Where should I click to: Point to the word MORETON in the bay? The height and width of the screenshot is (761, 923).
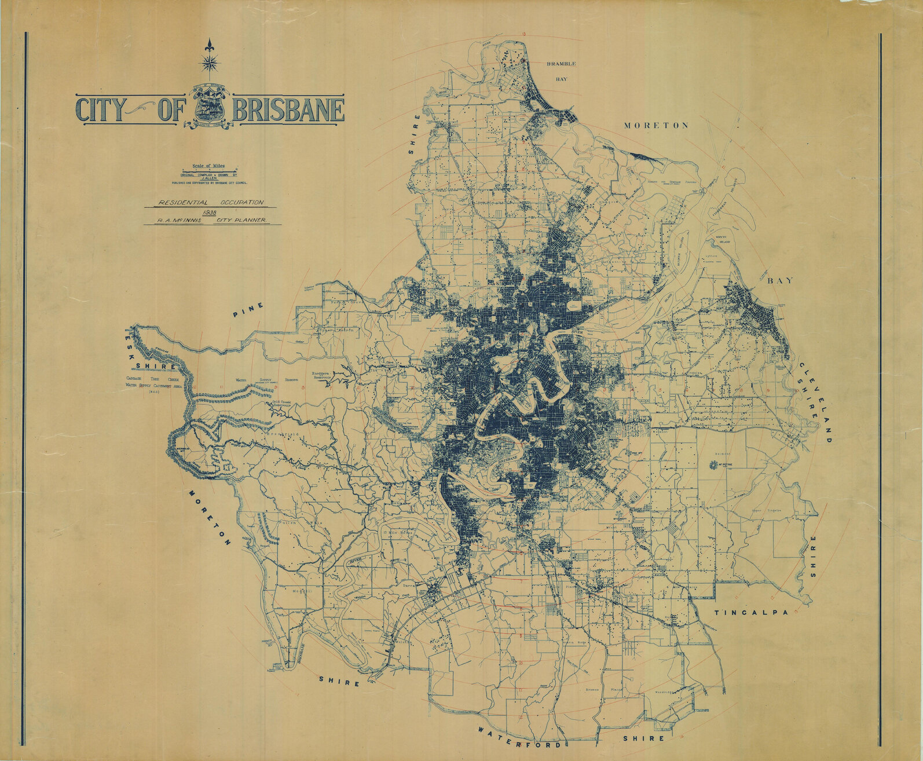[x=656, y=125]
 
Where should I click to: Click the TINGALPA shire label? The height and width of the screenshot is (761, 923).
[x=752, y=613]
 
